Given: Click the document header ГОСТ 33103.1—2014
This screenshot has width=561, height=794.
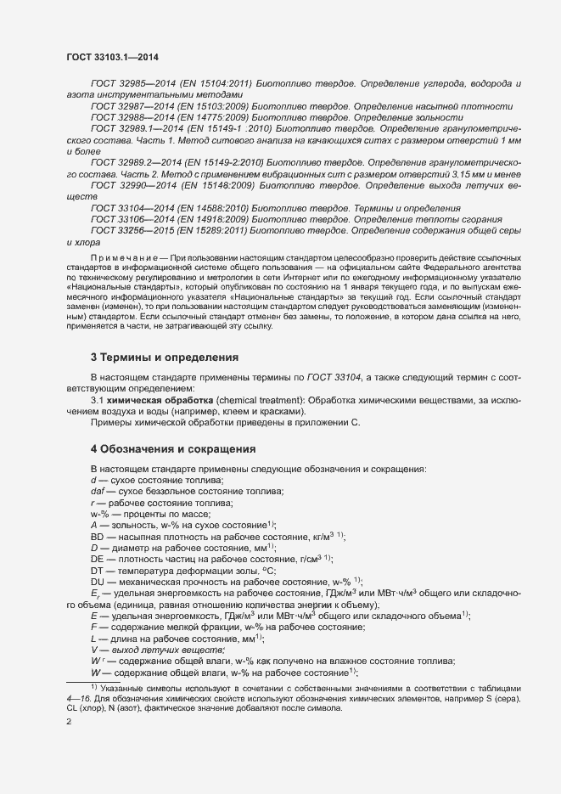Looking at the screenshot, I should [112, 57].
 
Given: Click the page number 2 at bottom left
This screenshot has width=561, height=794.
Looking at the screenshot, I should [69, 723].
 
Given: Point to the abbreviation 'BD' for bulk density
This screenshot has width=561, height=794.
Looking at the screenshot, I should [98, 537].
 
